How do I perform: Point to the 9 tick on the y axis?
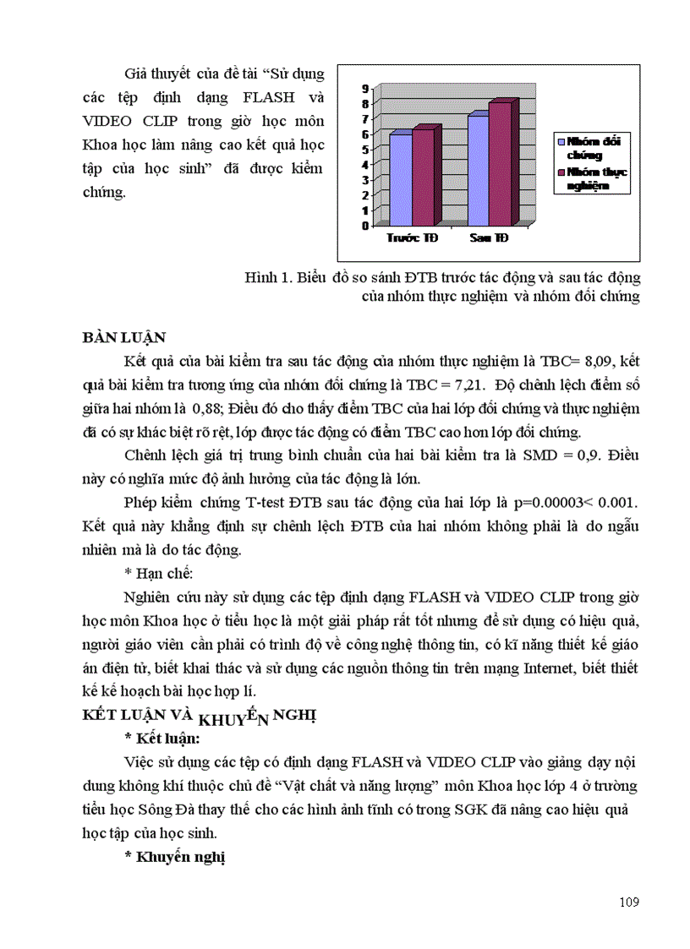tap(364, 88)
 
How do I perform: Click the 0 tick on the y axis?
tap(364, 226)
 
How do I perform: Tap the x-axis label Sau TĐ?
tap(489, 239)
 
